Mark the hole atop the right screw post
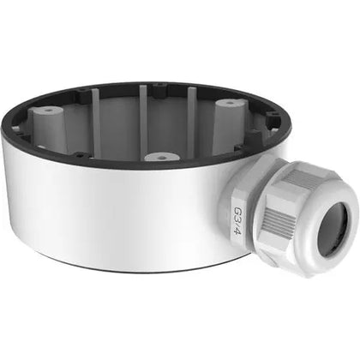click(x=231, y=103)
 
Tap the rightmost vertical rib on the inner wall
click(x=190, y=107)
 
